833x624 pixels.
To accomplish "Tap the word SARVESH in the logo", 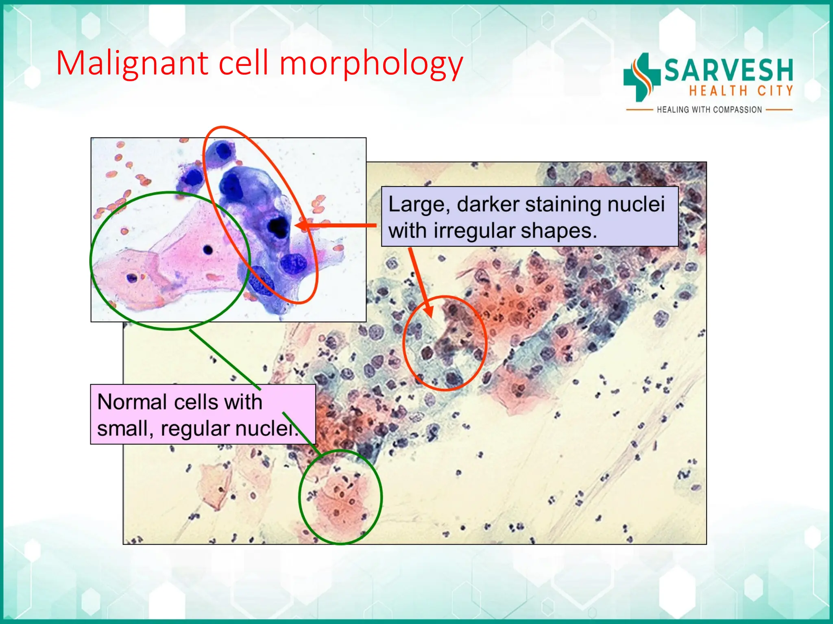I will pos(728,70).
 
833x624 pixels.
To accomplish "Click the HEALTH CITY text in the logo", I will pos(741,91).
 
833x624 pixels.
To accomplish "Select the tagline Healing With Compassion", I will pos(709,110).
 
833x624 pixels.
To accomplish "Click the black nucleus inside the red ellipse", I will pos(278,227).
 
